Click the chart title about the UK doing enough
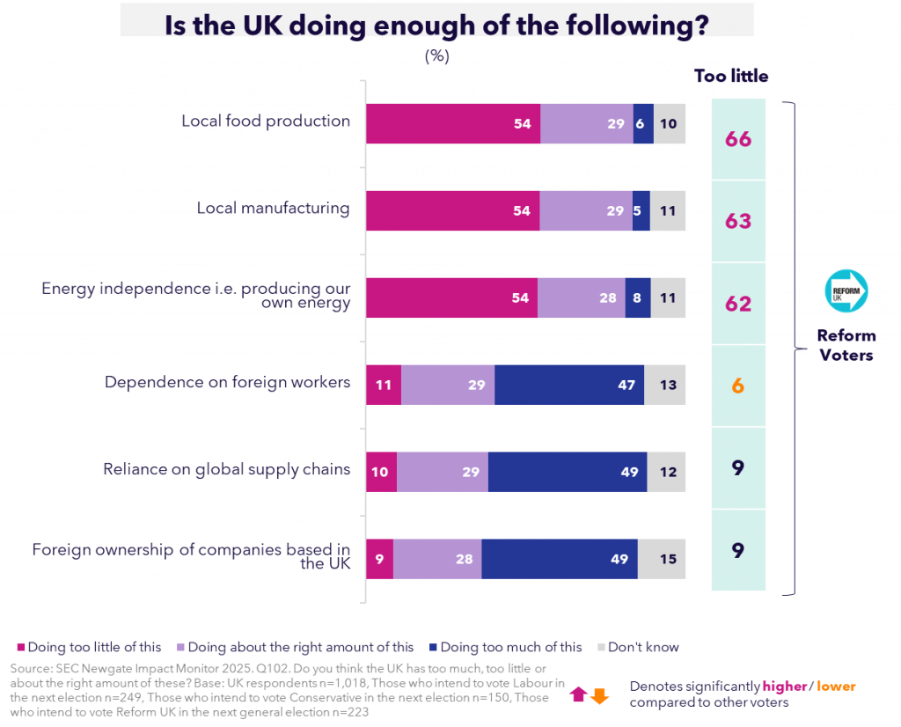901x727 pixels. tap(436, 23)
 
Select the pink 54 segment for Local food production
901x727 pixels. tap(452, 124)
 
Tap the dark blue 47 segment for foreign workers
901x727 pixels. tap(568, 385)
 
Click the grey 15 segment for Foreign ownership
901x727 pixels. tap(662, 559)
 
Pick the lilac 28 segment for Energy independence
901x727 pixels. tap(581, 297)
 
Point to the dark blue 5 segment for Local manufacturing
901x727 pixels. tap(641, 211)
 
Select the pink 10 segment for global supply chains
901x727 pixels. tap(381, 472)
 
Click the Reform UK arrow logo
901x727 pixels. tap(846, 290)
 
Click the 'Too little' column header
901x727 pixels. tap(731, 77)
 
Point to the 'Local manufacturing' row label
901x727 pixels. tap(273, 209)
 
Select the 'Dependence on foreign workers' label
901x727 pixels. tap(227, 383)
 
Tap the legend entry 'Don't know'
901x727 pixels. tap(647, 648)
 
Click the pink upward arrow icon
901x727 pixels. tap(578, 694)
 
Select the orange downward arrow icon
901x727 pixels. tap(599, 695)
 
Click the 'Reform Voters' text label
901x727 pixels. tap(846, 345)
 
